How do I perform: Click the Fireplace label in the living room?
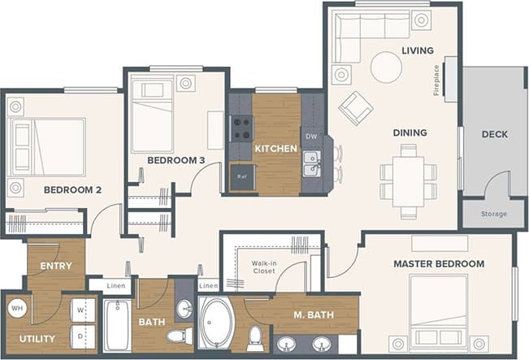pos(436,80)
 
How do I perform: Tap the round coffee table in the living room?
pos(386,67)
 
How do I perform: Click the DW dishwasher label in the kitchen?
pos(310,135)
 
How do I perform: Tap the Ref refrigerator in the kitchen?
pos(241,176)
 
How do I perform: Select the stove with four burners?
pos(241,128)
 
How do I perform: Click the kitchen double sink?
pos(311,164)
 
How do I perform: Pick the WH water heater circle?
pos(17,309)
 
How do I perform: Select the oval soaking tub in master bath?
pos(216,323)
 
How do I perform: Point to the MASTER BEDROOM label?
pos(438,264)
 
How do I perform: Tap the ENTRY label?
pos(55,266)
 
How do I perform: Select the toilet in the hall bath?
pos(178,335)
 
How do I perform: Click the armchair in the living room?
pos(355,107)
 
